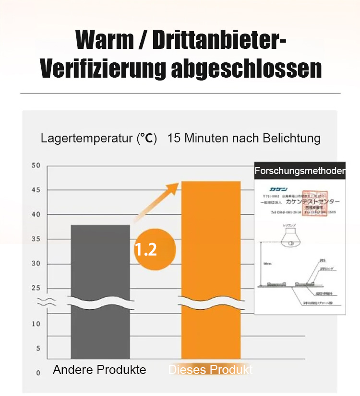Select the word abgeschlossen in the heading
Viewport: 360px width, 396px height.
coord(246,69)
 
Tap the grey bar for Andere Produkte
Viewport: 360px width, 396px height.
coord(100,268)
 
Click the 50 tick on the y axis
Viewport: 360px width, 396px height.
coord(36,166)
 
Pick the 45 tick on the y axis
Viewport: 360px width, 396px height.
coord(36,190)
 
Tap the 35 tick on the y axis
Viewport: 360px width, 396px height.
coord(36,239)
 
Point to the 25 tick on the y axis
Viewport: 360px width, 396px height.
coord(36,288)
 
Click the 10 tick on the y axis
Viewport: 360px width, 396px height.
coord(36,324)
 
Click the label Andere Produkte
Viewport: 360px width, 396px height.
coord(99,370)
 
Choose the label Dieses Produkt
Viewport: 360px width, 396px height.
coord(210,370)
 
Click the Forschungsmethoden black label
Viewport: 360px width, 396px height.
coord(300,171)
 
